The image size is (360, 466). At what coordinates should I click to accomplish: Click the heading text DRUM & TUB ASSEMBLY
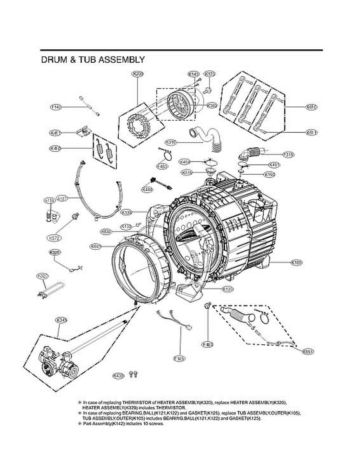pos(93,60)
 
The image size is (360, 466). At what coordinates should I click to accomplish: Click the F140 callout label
pos(57,107)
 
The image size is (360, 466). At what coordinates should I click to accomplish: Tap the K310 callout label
pos(171,143)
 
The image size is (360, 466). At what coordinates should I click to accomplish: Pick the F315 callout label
pos(288,155)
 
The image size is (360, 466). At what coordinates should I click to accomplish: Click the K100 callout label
pos(297,263)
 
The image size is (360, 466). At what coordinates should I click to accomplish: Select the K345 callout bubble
pos(61,320)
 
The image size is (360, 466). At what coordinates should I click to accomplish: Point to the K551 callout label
pos(308,351)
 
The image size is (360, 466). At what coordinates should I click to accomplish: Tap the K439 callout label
pos(118,376)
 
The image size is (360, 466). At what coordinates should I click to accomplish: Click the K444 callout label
pos(148,189)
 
